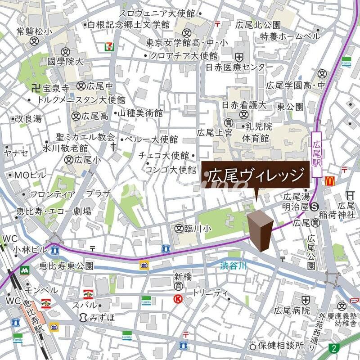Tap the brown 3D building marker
[x=260, y=229]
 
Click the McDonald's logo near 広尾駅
[x=329, y=181]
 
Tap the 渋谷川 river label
[x=234, y=266]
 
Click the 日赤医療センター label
[x=239, y=67]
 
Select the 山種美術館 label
[x=140, y=114]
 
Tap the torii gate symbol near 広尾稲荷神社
[x=351, y=195]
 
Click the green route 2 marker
[x=333, y=347]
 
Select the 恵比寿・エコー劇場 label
[x=54, y=211]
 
